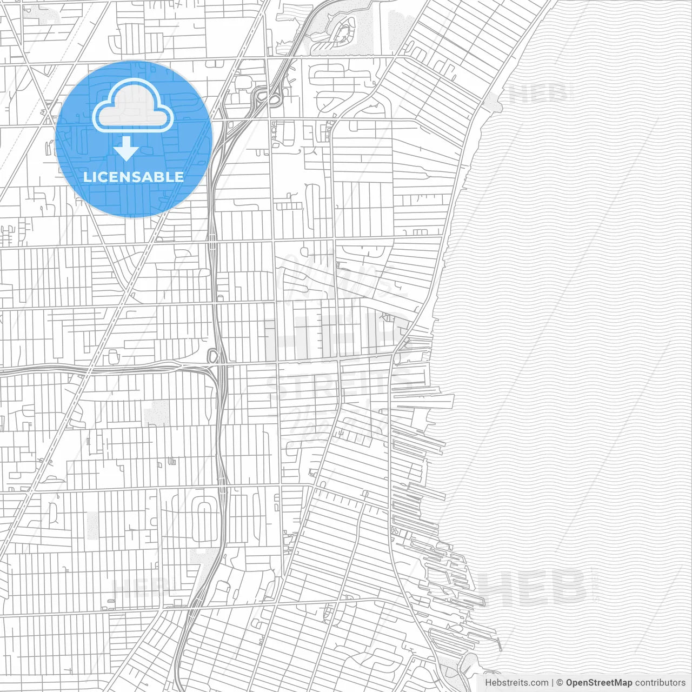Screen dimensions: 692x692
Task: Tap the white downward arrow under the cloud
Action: (127, 149)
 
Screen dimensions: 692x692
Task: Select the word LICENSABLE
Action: (134, 177)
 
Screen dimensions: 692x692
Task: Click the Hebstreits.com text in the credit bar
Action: (516, 683)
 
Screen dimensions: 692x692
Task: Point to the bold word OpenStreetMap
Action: (599, 683)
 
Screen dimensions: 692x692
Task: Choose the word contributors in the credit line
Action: (660, 683)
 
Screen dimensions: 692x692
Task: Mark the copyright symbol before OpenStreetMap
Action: (560, 683)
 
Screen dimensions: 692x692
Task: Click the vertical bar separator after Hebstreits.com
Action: (551, 683)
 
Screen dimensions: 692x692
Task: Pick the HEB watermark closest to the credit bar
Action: (535, 587)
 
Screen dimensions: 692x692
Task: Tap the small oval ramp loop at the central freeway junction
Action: (212, 356)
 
